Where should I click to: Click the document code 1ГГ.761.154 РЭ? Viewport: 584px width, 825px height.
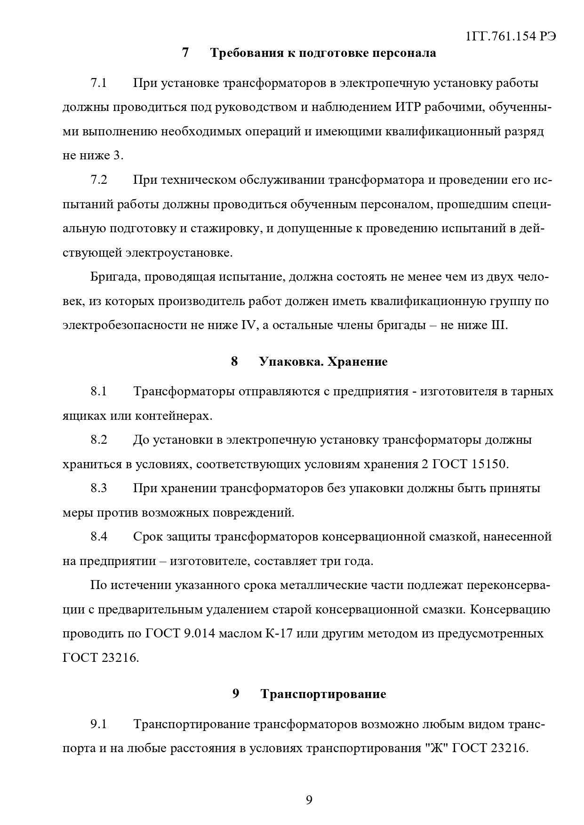[511, 37]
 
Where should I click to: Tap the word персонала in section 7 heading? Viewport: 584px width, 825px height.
[404, 53]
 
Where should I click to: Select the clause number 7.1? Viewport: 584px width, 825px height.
[99, 84]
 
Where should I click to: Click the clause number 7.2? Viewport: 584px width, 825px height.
[99, 181]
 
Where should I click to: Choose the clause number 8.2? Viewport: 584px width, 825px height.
[99, 440]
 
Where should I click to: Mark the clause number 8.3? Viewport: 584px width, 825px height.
[99, 488]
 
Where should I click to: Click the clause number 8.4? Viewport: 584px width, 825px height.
[99, 537]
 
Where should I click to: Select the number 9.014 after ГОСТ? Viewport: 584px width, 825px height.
[200, 634]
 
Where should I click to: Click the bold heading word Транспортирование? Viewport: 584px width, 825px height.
[323, 695]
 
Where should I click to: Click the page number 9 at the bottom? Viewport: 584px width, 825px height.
[309, 801]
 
